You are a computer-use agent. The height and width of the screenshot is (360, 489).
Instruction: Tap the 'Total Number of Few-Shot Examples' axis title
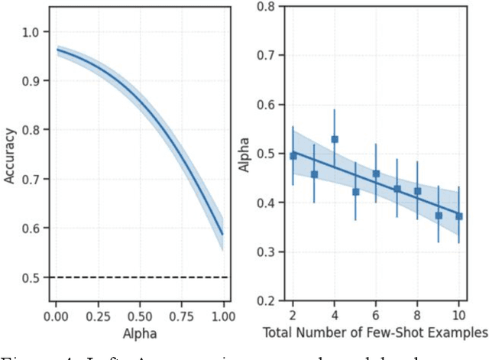(374, 332)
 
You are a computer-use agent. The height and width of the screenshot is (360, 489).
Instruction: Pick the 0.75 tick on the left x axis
(180, 315)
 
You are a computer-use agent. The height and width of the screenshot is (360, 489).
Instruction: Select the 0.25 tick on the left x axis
(97, 315)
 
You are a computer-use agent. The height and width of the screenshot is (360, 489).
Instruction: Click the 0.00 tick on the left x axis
(56, 315)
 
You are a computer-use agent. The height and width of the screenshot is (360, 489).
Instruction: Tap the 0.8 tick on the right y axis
(264, 6)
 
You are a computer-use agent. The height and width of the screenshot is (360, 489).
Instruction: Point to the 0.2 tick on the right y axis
(264, 301)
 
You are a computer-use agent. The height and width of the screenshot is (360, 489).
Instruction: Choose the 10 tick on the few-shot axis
(458, 313)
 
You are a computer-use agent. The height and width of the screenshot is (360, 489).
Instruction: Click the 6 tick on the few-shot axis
(376, 313)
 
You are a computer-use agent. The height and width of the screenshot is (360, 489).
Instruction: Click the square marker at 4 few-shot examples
(335, 140)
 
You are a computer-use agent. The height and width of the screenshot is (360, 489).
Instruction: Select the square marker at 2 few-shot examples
(293, 156)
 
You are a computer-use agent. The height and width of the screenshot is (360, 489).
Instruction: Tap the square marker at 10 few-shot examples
(459, 216)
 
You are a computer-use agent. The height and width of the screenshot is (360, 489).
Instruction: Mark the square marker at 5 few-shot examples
(355, 192)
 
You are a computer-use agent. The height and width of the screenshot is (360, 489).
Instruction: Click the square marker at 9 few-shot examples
(439, 216)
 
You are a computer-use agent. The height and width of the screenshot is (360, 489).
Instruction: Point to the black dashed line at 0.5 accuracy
(138, 277)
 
